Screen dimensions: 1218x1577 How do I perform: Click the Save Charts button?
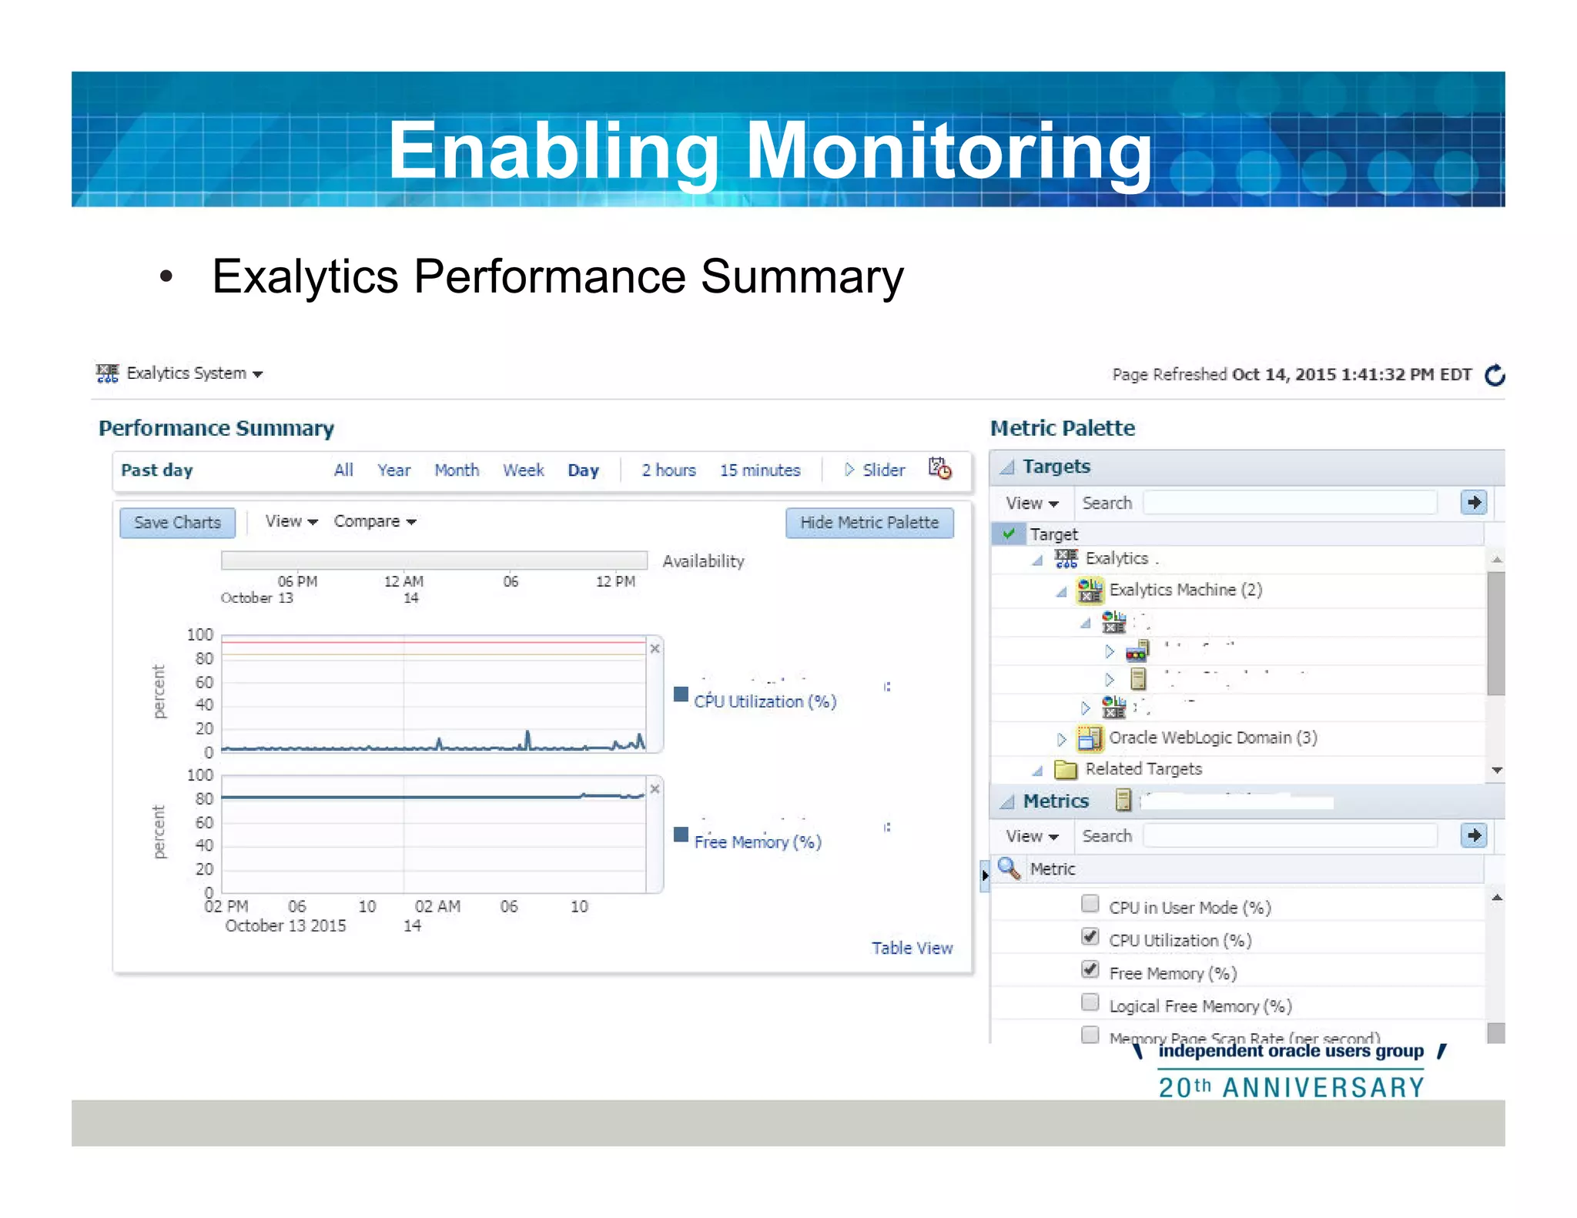coord(177,522)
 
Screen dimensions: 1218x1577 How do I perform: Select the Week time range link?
coord(523,470)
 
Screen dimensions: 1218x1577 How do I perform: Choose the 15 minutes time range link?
coord(759,470)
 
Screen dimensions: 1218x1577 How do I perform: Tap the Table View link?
coord(912,948)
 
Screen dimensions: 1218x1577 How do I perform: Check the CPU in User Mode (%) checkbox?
coord(1090,904)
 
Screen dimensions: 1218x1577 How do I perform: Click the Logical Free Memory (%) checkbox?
coord(1090,1002)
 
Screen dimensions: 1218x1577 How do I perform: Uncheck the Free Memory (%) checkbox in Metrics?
coord(1090,969)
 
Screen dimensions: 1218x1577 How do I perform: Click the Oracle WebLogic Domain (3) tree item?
coord(1212,738)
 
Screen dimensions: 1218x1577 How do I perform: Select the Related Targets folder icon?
coord(1065,769)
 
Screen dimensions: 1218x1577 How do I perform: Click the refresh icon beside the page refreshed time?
coord(1495,375)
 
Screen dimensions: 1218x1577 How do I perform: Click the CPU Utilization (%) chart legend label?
coord(765,701)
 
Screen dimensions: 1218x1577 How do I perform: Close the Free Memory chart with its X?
coord(655,789)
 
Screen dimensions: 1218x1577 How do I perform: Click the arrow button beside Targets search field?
coord(1473,503)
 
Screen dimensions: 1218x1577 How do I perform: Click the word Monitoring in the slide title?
coord(949,151)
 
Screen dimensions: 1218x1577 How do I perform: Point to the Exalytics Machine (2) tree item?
coord(1184,590)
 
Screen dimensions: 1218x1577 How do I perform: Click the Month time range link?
coord(456,470)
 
